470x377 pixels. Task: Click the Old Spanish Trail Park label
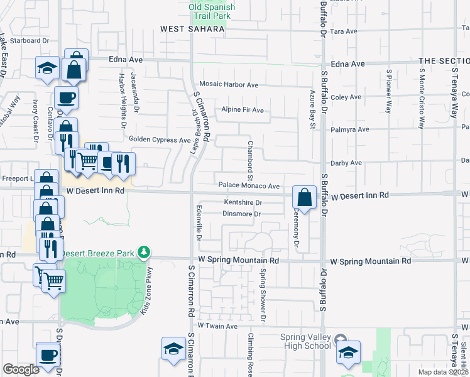212,11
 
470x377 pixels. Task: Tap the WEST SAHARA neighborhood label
192,29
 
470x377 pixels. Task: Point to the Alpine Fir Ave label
242,110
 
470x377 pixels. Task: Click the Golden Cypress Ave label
159,139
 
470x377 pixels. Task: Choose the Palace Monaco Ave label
249,186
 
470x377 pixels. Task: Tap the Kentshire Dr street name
243,202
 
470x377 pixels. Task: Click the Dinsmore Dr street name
242,214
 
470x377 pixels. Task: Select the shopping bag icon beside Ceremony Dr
304,197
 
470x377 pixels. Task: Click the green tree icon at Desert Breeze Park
145,253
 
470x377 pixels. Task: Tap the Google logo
21,369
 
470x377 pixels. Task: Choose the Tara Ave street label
343,31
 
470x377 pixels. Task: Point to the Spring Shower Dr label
263,288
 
